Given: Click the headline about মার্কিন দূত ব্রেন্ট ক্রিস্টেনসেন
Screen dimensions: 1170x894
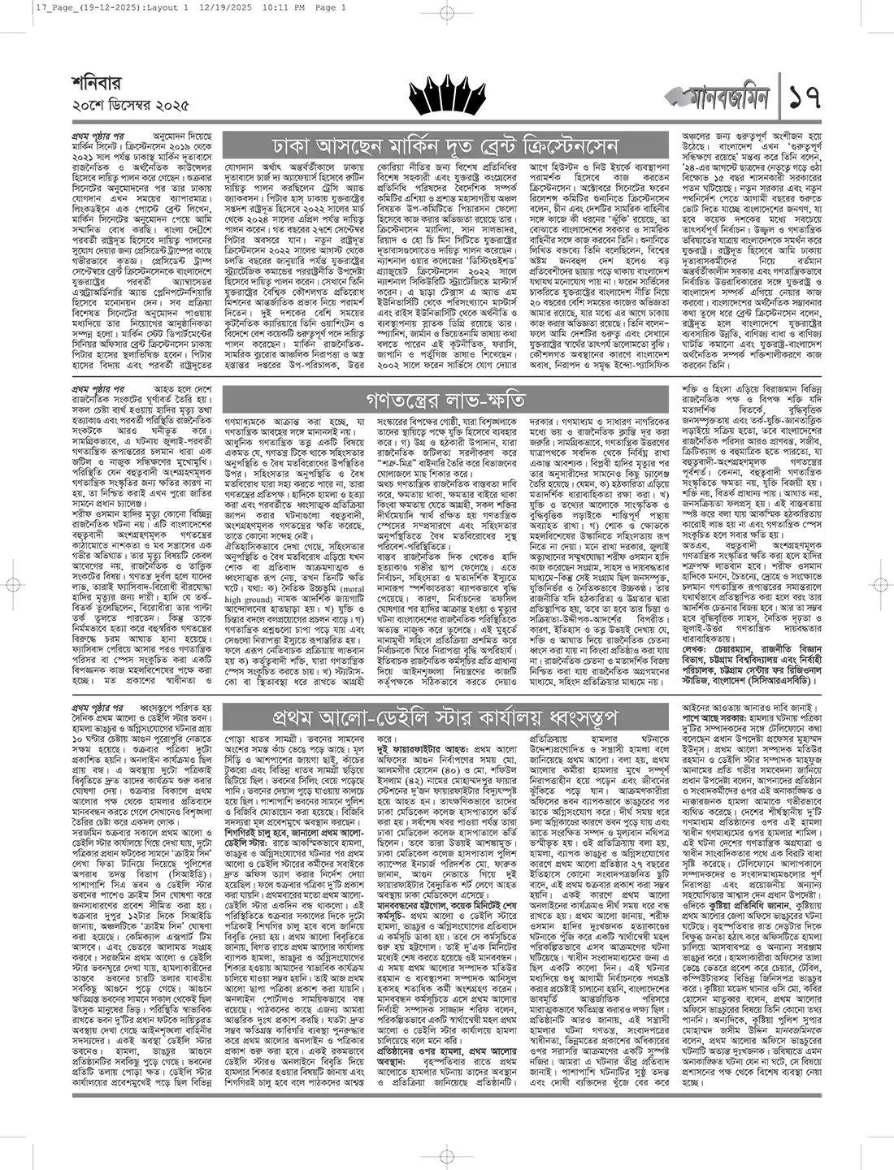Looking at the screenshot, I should click(x=446, y=146).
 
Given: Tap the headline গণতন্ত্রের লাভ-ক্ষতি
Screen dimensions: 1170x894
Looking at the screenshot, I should click(x=445, y=401).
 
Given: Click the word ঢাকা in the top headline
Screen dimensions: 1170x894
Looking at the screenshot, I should click(x=299, y=146).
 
